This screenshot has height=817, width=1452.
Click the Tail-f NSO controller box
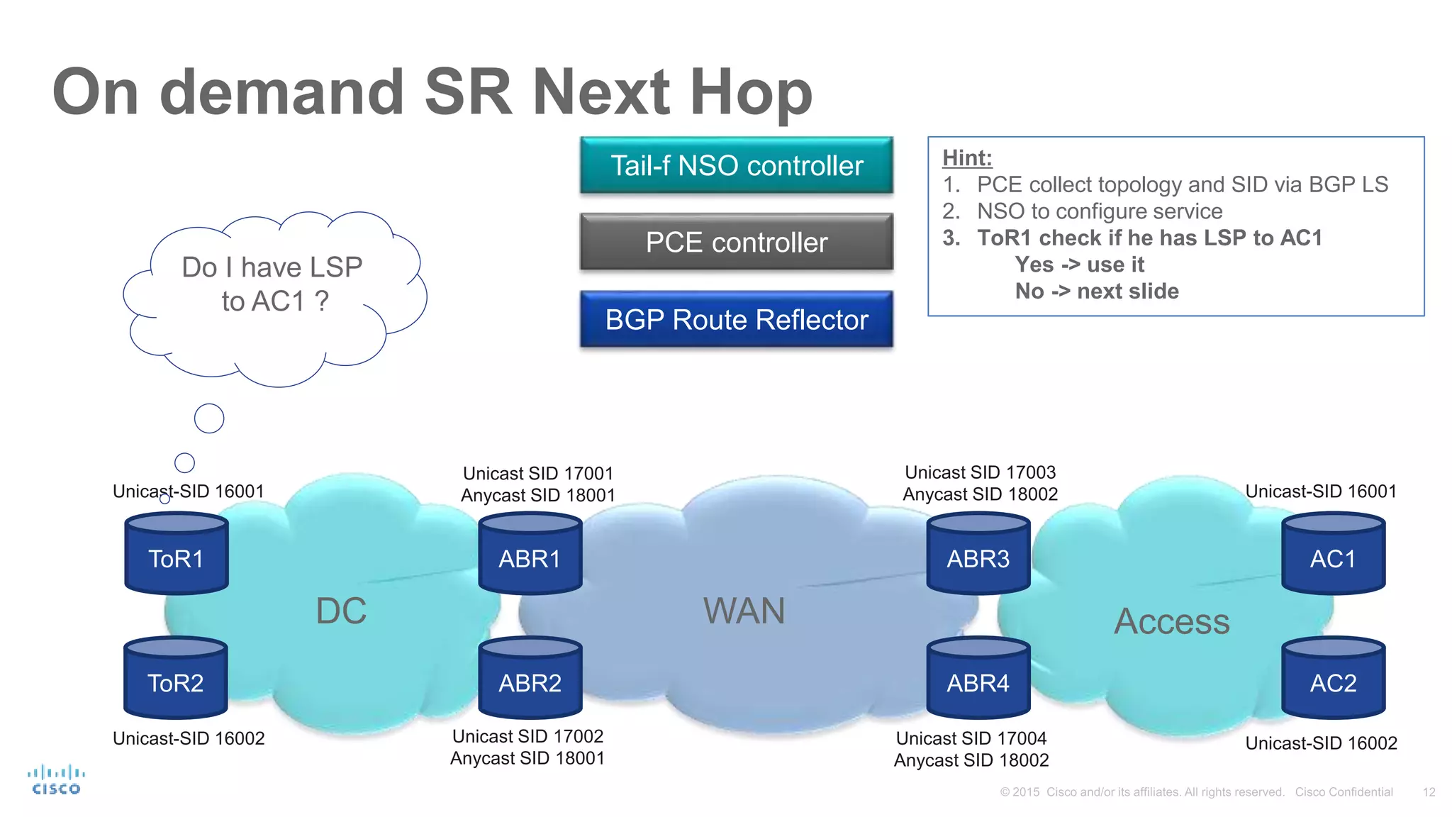[737, 166]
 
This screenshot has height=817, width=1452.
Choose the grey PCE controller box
[737, 243]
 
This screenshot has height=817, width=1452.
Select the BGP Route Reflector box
[737, 320]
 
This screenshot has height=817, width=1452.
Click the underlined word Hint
[967, 158]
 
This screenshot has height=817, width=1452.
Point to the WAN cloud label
[744, 611]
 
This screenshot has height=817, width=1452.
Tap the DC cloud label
[341, 611]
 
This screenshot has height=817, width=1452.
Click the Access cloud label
[1171, 622]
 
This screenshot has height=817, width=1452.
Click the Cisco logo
[56, 780]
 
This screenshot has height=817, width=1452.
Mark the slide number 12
[1429, 792]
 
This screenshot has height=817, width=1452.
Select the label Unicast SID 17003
[980, 472]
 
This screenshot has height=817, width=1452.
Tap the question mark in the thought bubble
[322, 301]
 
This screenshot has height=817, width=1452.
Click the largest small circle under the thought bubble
[209, 418]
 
